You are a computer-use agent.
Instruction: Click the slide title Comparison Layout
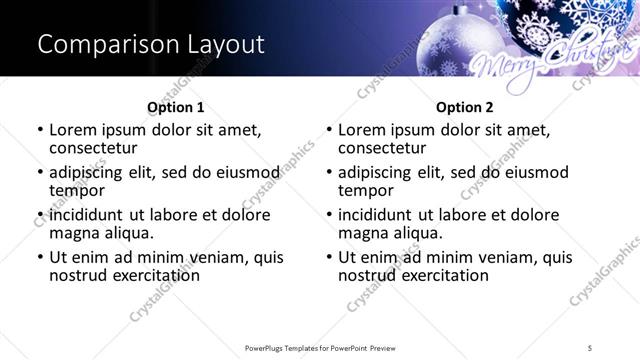coord(151,45)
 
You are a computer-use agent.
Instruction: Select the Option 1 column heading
coord(175,106)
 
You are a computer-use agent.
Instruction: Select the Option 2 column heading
coord(464,106)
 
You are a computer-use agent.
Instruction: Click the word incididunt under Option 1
coord(86,214)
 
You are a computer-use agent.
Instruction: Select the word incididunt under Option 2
coord(375,214)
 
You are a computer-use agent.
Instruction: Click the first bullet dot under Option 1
coord(40,130)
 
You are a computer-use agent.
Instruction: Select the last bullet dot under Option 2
coord(329,257)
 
